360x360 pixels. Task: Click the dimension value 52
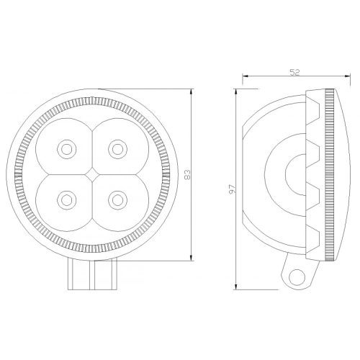click(x=294, y=72)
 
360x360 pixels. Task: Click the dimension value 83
click(x=187, y=174)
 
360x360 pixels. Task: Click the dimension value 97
click(x=233, y=189)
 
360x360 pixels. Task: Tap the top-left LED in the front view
click(x=67, y=149)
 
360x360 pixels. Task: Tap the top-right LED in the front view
click(x=117, y=149)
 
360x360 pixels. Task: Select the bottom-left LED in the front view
click(x=67, y=200)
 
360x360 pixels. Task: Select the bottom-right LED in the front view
click(x=117, y=200)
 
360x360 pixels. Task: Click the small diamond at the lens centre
click(x=92, y=174)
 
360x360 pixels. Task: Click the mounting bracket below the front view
click(x=92, y=274)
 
